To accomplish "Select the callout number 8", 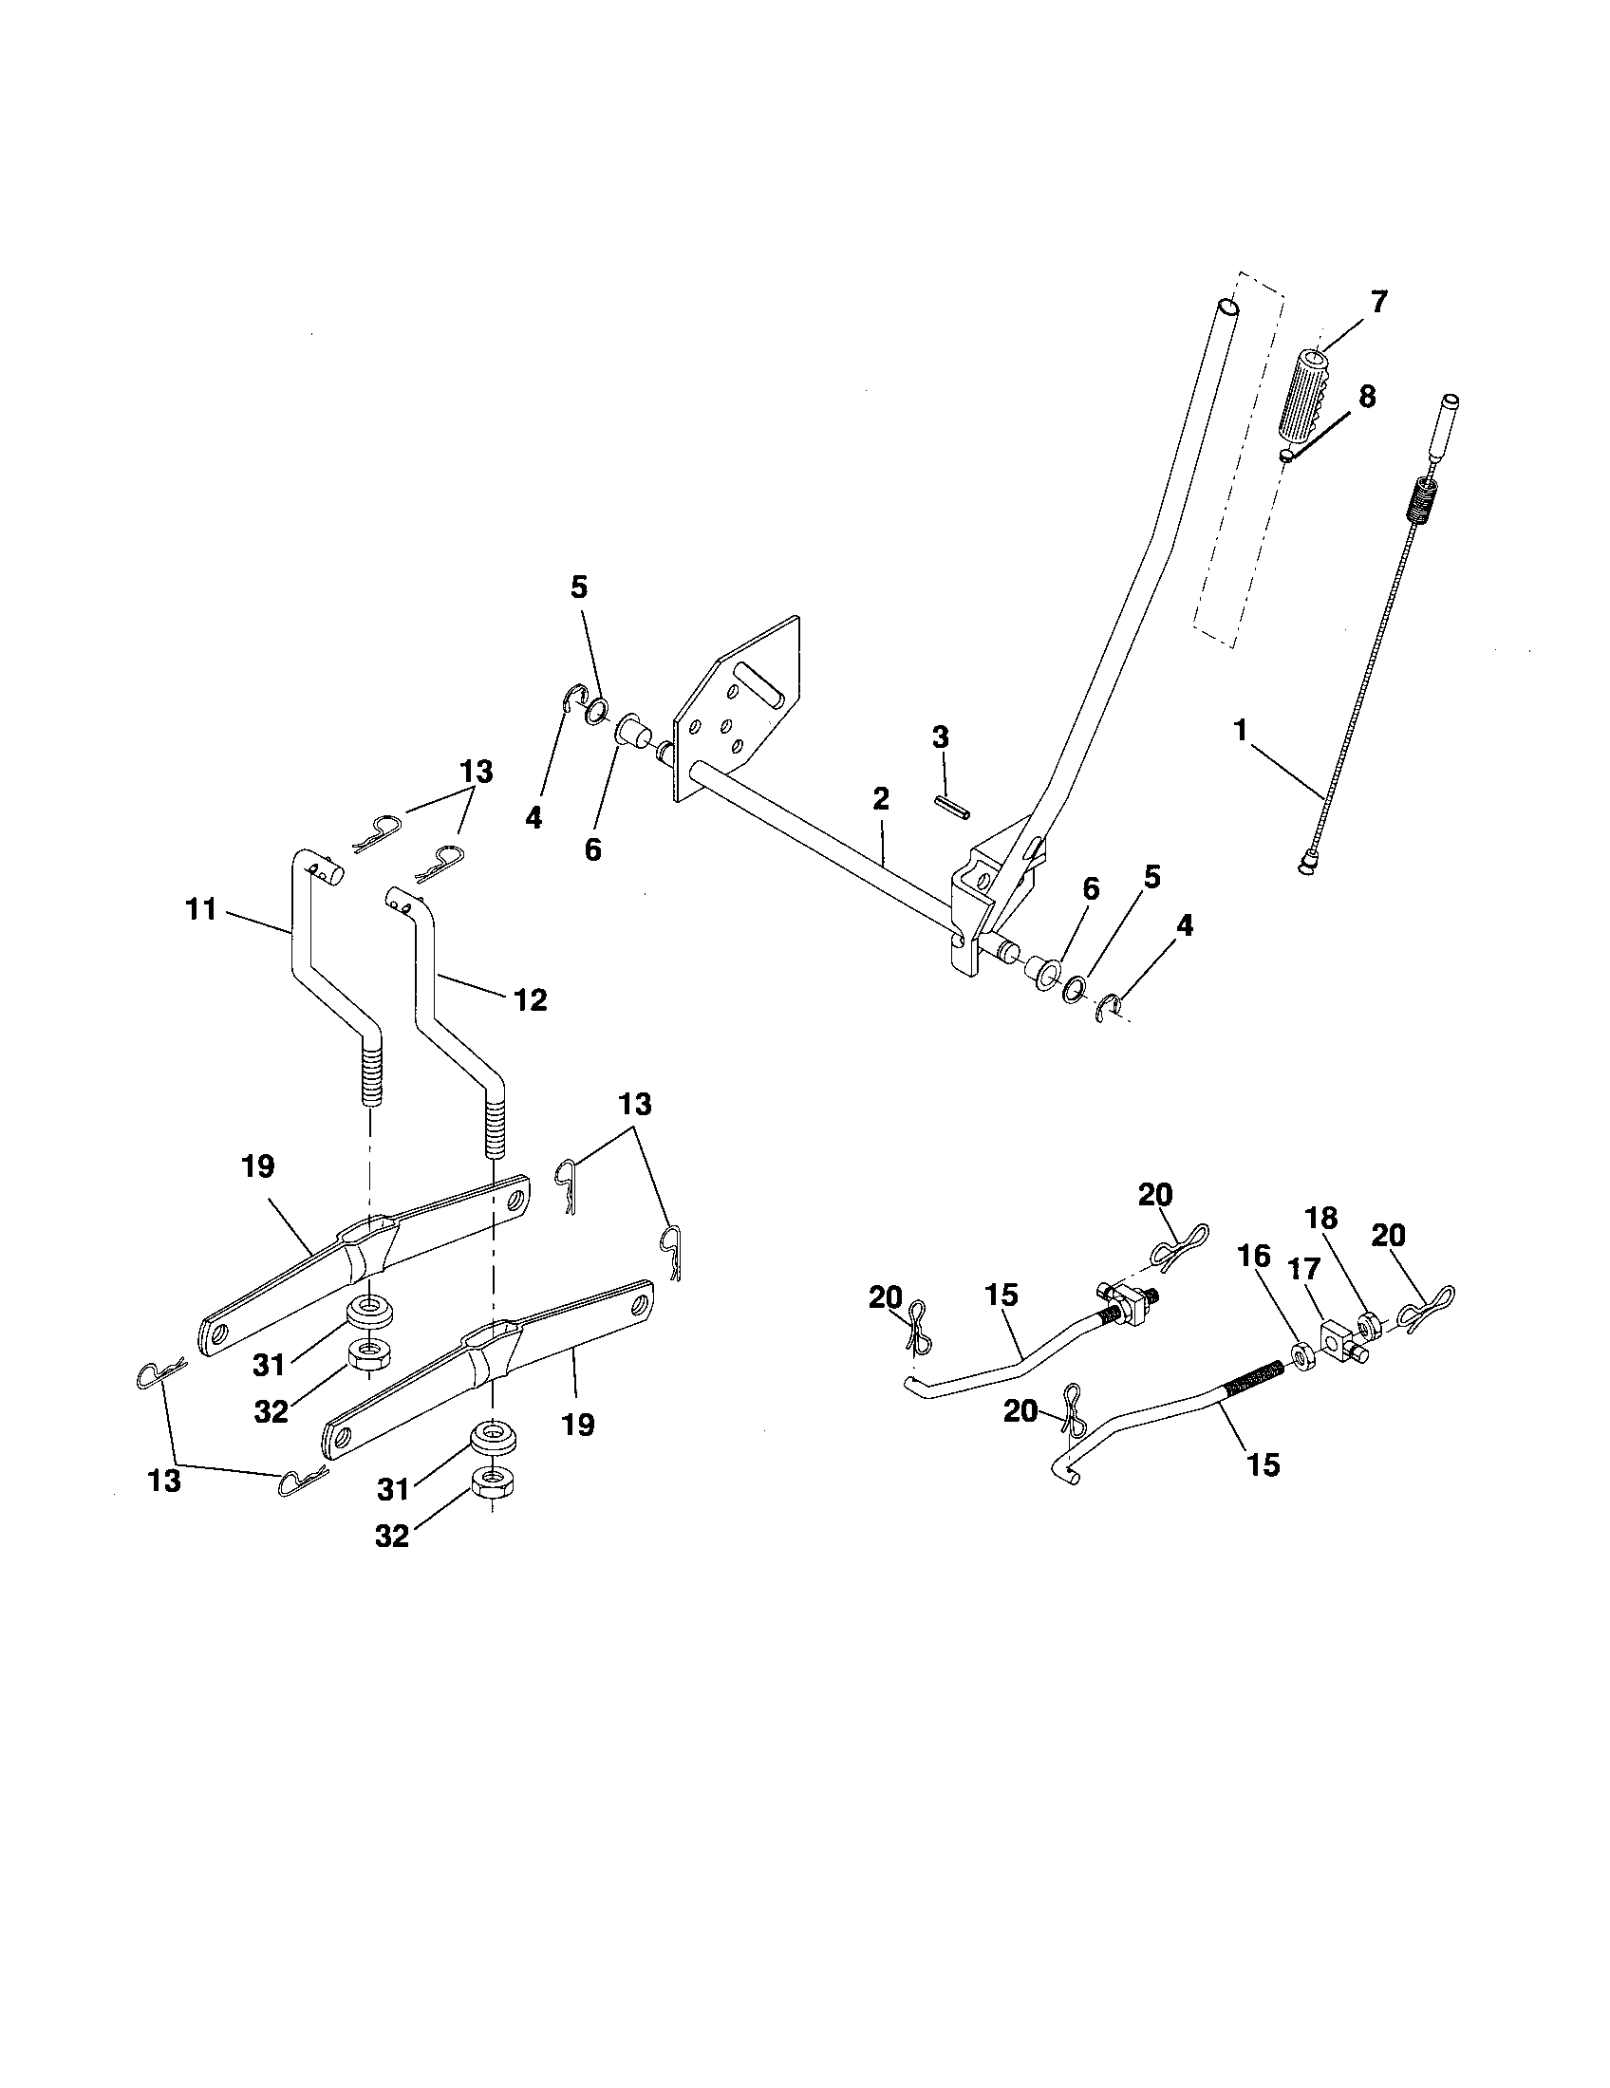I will pos(1367,397).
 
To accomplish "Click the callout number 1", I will pos(1241,732).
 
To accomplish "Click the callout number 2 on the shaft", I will pos(881,798).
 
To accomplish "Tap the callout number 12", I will pos(530,1000).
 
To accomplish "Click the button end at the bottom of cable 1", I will pos(1305,866).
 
